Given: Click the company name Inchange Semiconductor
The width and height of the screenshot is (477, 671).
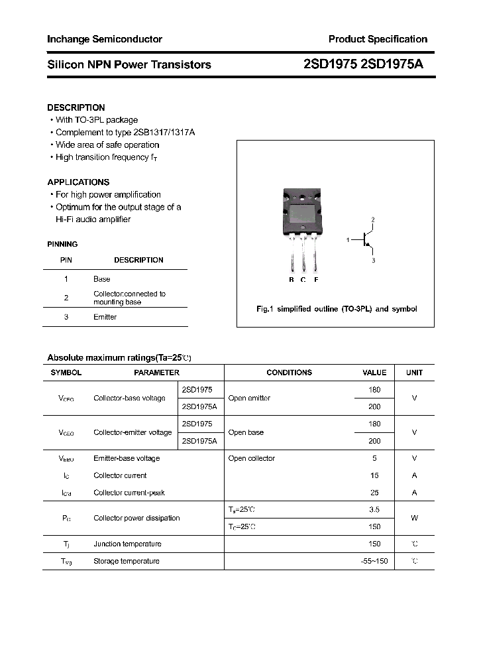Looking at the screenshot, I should [105, 39].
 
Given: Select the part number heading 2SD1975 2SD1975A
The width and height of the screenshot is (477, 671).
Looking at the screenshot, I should [363, 64].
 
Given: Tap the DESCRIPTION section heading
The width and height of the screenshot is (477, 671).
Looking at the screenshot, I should [76, 107].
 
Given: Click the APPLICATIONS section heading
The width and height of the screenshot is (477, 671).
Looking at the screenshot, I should [78, 182].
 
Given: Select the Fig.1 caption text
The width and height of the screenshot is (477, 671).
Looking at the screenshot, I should [337, 309].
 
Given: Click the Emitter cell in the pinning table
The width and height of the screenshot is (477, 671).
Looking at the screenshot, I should [105, 317].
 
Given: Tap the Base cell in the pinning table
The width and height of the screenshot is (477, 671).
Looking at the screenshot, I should [101, 279].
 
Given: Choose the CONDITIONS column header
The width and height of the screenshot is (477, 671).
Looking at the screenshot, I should [289, 373].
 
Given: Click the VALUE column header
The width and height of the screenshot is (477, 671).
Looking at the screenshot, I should [374, 373].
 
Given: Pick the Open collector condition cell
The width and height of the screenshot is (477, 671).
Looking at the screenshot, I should [251, 458].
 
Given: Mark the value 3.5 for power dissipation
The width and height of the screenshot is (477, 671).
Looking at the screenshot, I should [374, 509].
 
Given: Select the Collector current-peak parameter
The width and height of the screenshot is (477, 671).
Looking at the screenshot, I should [129, 493].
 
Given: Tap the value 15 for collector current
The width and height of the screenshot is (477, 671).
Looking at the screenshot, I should [374, 475].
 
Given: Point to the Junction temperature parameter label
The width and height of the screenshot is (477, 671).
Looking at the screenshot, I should [127, 544].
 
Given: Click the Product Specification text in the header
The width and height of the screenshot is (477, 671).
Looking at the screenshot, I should [378, 39].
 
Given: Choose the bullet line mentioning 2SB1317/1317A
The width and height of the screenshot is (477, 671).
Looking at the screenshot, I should [125, 132].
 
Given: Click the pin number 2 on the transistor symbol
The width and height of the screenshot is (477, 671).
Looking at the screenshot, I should [373, 219].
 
